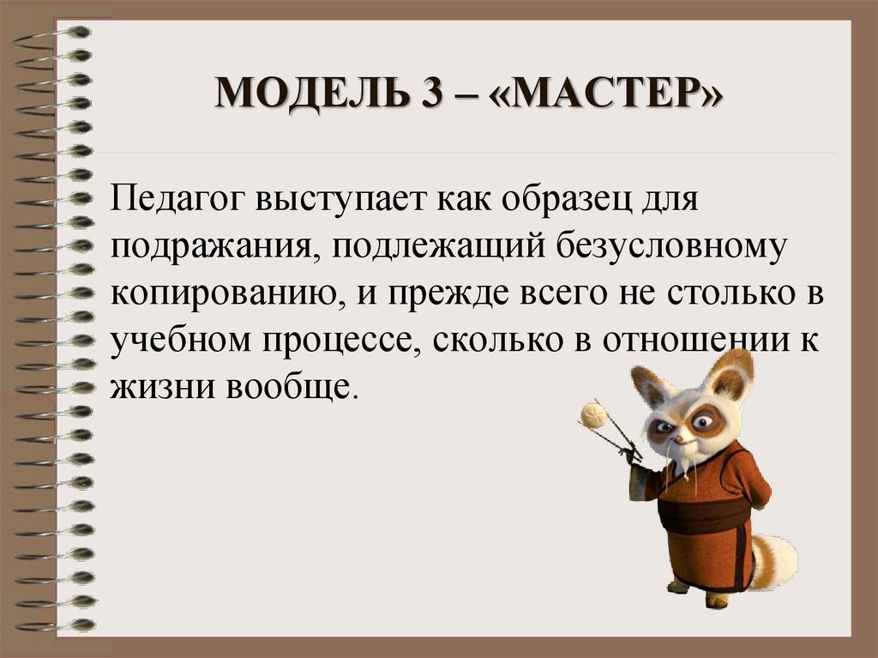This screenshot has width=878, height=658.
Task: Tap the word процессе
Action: click(336, 341)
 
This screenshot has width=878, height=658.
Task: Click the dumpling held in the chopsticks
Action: click(593, 415)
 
